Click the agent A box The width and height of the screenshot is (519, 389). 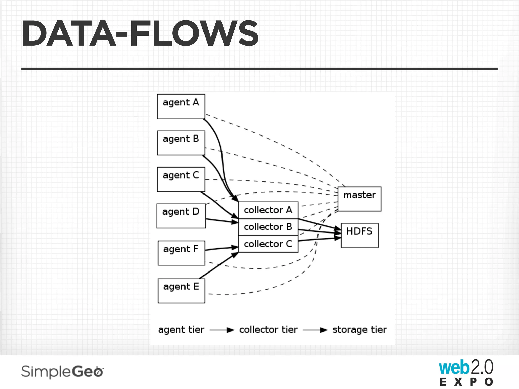click(x=181, y=106)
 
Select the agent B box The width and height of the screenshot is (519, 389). click(x=181, y=143)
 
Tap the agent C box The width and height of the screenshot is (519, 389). click(x=181, y=179)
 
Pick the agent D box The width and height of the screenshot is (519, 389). click(x=181, y=216)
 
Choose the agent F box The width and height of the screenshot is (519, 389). click(x=181, y=253)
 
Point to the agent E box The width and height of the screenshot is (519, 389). click(x=181, y=291)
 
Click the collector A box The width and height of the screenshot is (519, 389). click(x=268, y=210)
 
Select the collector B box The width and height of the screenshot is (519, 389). click(x=268, y=227)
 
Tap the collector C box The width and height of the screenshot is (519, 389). click(x=268, y=244)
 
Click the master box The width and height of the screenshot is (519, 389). click(x=359, y=199)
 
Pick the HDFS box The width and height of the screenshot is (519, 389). click(x=360, y=235)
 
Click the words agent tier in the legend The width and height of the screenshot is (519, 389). click(x=181, y=330)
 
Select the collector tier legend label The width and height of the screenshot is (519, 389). click(x=268, y=330)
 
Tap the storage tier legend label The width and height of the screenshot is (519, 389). click(x=359, y=330)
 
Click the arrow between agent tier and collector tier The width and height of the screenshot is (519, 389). click(x=222, y=330)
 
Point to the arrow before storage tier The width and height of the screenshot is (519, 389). click(x=315, y=330)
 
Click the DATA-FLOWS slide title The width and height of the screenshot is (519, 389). click(x=140, y=33)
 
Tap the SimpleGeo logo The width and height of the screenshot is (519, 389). click(x=62, y=372)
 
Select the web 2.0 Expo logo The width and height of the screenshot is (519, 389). click(x=466, y=372)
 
